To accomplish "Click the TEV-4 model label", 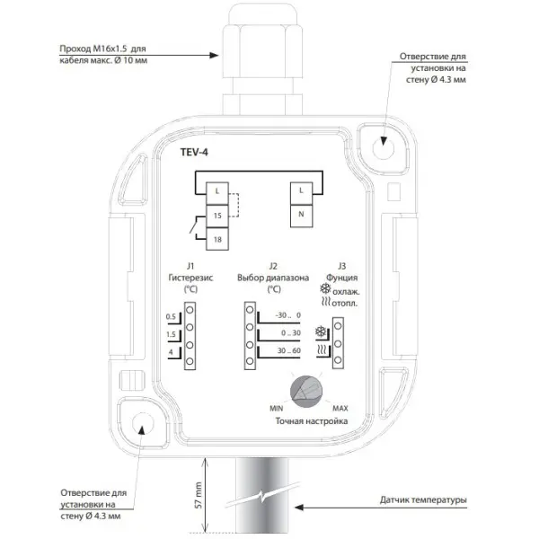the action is (x=194, y=152).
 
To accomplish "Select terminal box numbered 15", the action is (x=217, y=216).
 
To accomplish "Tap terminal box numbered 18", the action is (x=217, y=239).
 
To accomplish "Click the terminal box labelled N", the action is (x=302, y=216).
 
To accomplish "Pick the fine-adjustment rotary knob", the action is (x=306, y=391).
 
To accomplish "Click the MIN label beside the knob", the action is (x=277, y=408).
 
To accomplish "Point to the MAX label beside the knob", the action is (x=340, y=408).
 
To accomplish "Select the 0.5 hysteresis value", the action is (x=171, y=316).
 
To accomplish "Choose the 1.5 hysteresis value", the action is (x=171, y=334).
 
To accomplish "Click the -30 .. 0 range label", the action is (x=287, y=315).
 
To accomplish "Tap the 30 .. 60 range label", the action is (x=289, y=350).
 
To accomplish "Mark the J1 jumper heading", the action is (x=190, y=266).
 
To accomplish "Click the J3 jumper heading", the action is (x=341, y=266).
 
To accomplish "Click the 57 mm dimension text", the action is (x=199, y=495).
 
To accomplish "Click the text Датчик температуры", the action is (x=423, y=499).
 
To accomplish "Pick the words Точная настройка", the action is (x=312, y=421).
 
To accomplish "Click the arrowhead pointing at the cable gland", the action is (x=214, y=55).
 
